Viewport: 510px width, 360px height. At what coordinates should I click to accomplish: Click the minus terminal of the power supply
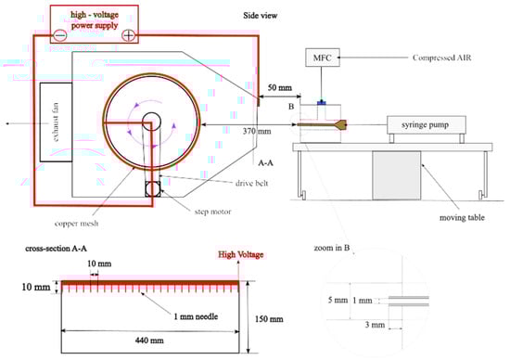[x=60, y=35]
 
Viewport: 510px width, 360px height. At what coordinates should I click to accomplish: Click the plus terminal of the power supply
[x=129, y=35]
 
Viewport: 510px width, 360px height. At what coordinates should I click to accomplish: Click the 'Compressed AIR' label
[x=441, y=58]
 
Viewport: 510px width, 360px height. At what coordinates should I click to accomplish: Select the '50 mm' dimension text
[x=280, y=87]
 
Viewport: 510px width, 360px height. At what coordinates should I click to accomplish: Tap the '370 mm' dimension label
[x=257, y=131]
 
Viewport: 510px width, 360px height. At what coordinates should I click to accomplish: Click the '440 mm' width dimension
[x=149, y=341]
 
